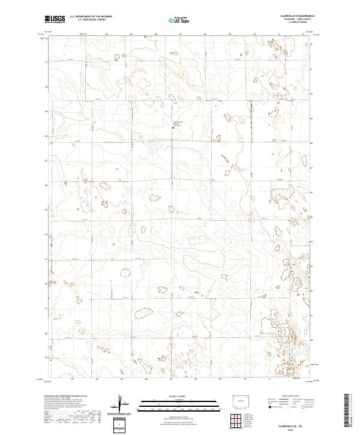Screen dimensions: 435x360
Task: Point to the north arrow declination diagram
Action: point(123,406)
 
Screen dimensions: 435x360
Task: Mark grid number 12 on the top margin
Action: point(303,35)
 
